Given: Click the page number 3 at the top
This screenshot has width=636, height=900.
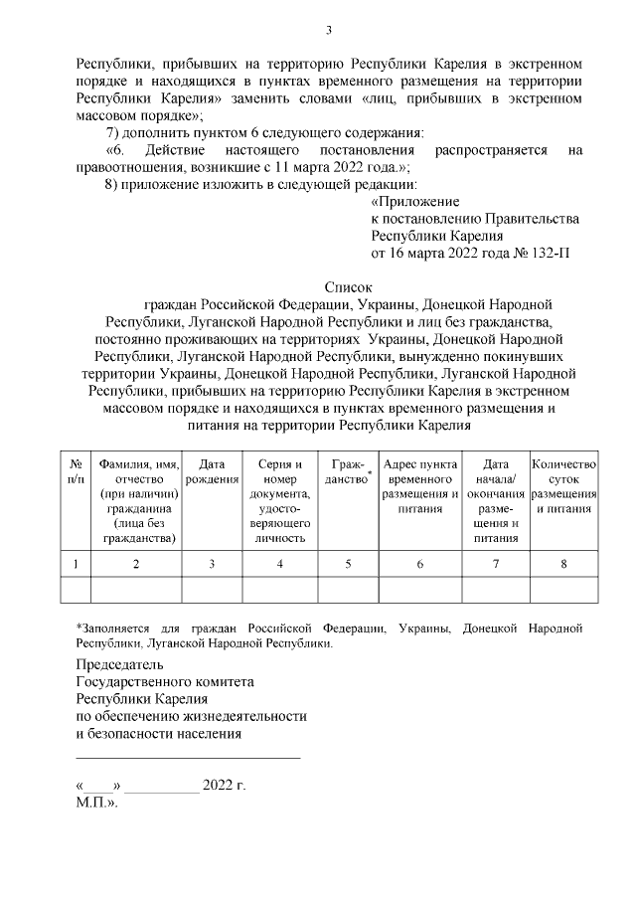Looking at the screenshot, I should pos(328,28).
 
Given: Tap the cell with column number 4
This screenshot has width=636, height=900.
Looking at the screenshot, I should pos(279,564).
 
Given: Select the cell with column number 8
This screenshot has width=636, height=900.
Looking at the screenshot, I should pos(564,564).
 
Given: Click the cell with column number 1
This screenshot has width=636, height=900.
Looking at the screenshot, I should pos(76,564).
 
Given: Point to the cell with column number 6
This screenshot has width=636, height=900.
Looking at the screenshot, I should pos(419,564).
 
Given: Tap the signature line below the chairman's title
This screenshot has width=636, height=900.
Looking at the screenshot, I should pos(188,759).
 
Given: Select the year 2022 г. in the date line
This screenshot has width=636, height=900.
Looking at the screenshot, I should pos(224,786).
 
